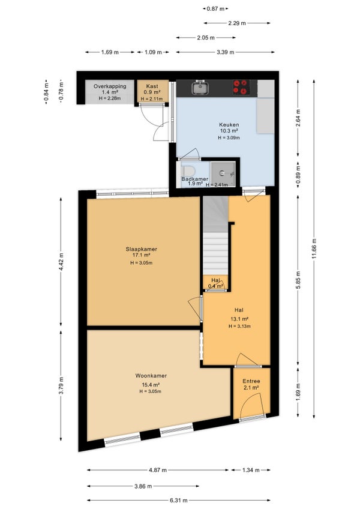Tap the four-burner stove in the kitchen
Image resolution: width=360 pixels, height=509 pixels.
click(241, 87)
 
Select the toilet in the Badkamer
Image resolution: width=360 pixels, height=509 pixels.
click(187, 170)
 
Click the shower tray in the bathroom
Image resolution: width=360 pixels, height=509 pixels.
click(223, 173)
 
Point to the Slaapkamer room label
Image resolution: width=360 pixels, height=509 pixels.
click(142, 249)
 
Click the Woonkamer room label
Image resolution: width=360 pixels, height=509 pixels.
click(151, 376)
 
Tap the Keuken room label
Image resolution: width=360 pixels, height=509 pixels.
click(229, 125)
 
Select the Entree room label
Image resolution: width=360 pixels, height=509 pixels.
click(251, 381)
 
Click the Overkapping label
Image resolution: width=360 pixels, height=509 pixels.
click(110, 86)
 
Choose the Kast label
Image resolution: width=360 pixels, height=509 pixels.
click(152, 86)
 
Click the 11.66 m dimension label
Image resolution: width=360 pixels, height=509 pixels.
click(314, 248)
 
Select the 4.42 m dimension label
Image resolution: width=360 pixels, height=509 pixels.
click(61, 261)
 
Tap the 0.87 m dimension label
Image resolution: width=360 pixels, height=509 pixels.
click(215, 9)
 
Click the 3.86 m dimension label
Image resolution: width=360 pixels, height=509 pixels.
click(143, 486)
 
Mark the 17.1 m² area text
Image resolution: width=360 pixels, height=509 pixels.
click(141, 256)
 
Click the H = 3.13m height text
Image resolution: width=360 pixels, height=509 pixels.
click(239, 327)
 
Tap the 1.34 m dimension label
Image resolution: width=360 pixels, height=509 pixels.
click(251, 470)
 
